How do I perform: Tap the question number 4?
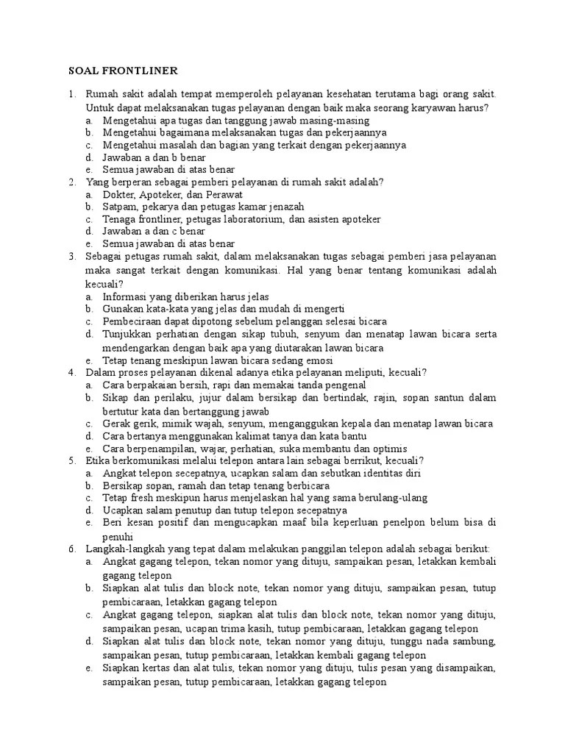tap(72, 373)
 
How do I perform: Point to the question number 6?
tap(72, 549)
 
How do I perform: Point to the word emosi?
tap(317, 360)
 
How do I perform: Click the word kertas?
tap(160, 668)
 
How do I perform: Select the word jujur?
tap(194, 398)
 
